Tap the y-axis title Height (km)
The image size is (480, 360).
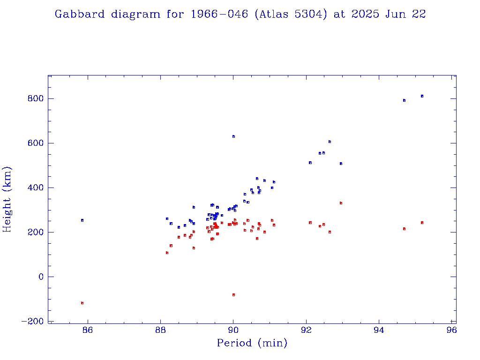click(7, 199)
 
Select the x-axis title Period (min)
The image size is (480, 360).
click(252, 343)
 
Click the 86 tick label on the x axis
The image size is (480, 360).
click(88, 330)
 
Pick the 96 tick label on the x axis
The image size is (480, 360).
click(451, 330)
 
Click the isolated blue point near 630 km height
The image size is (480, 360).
click(233, 136)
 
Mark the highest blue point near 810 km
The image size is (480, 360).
click(422, 96)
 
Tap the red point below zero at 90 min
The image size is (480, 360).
click(233, 295)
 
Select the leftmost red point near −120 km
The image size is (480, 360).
click(82, 303)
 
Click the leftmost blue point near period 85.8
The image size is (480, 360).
click(82, 220)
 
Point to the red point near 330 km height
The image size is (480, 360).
click(341, 203)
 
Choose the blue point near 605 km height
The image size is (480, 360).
click(330, 142)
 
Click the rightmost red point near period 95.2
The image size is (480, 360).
click(422, 223)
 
